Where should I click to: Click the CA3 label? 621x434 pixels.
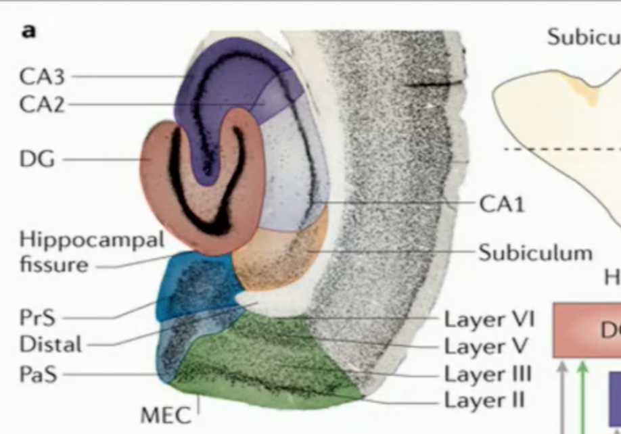coord(42,77)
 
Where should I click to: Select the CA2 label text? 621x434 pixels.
coord(42,104)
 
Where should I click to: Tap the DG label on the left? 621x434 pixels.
coord(38,160)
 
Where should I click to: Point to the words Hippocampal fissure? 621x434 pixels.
coord(91,251)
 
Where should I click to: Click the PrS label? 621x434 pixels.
coord(38,317)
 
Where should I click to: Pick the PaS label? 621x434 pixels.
coord(38,374)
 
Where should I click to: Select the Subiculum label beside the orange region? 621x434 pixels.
coord(535,253)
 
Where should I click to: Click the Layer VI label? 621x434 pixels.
coord(489,318)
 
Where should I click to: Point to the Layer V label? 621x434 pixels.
coord(484,346)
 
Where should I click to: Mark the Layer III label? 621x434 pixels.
coord(487,373)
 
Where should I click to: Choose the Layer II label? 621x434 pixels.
coord(484,400)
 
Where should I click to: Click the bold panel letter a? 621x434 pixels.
coord(28,32)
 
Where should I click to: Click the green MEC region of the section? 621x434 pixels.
coord(271,368)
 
